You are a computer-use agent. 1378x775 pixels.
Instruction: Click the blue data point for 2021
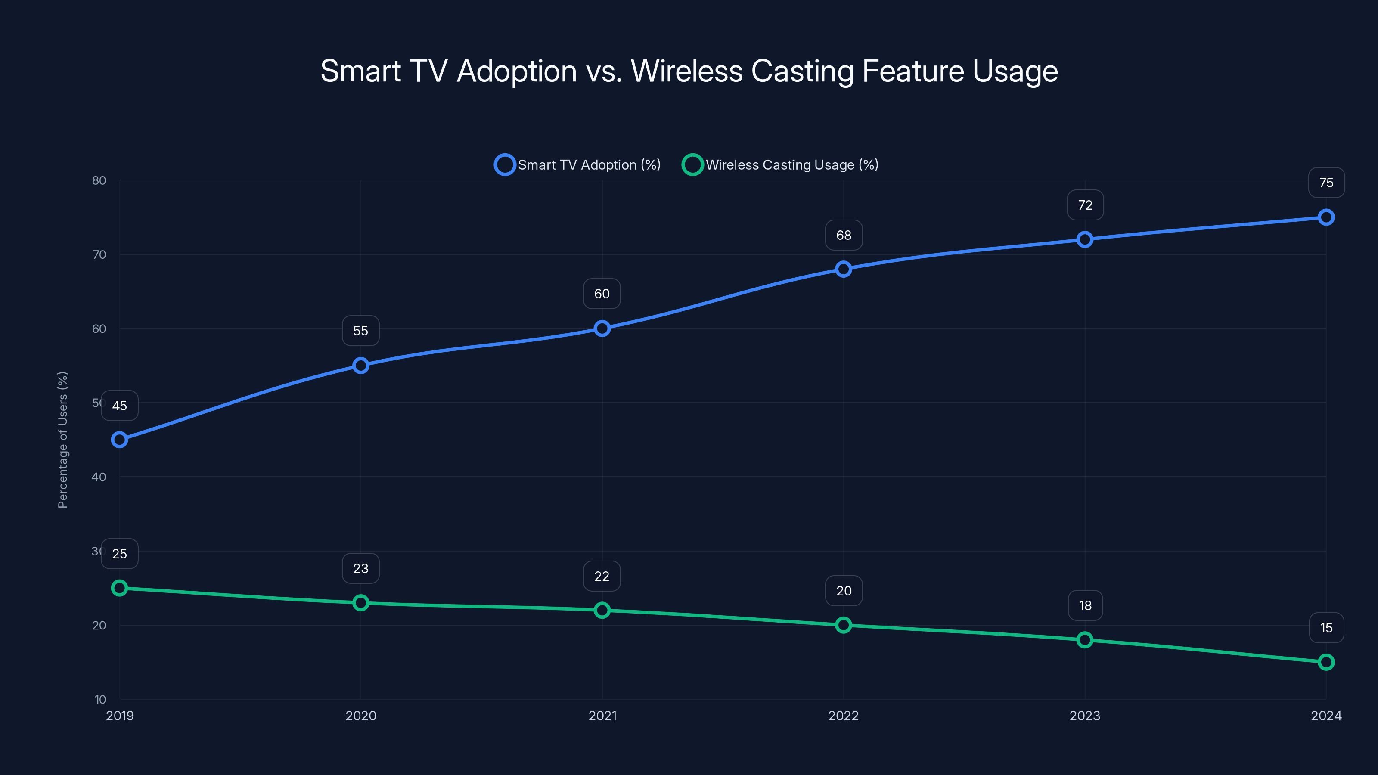pyautogui.click(x=602, y=329)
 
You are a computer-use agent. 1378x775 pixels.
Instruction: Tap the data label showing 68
pyautogui.click(x=844, y=236)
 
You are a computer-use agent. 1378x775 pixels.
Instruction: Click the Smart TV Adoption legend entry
pyautogui.click(x=578, y=165)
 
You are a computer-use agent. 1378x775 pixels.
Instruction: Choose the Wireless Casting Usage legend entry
pyautogui.click(x=781, y=165)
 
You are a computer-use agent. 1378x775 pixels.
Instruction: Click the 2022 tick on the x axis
pyautogui.click(x=844, y=716)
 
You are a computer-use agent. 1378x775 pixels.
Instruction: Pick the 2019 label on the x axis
pyautogui.click(x=120, y=716)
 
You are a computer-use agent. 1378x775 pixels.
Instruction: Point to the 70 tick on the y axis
pyautogui.click(x=99, y=254)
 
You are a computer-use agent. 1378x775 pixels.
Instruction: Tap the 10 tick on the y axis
pyautogui.click(x=100, y=699)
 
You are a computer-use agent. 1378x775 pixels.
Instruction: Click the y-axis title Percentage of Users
pyautogui.click(x=62, y=440)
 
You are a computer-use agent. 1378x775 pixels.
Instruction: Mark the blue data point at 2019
pyautogui.click(x=120, y=440)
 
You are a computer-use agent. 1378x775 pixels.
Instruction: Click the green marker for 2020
pyautogui.click(x=361, y=603)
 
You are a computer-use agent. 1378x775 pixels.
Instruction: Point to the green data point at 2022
pyautogui.click(x=844, y=625)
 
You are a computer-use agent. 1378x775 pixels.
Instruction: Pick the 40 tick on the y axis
pyautogui.click(x=99, y=477)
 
